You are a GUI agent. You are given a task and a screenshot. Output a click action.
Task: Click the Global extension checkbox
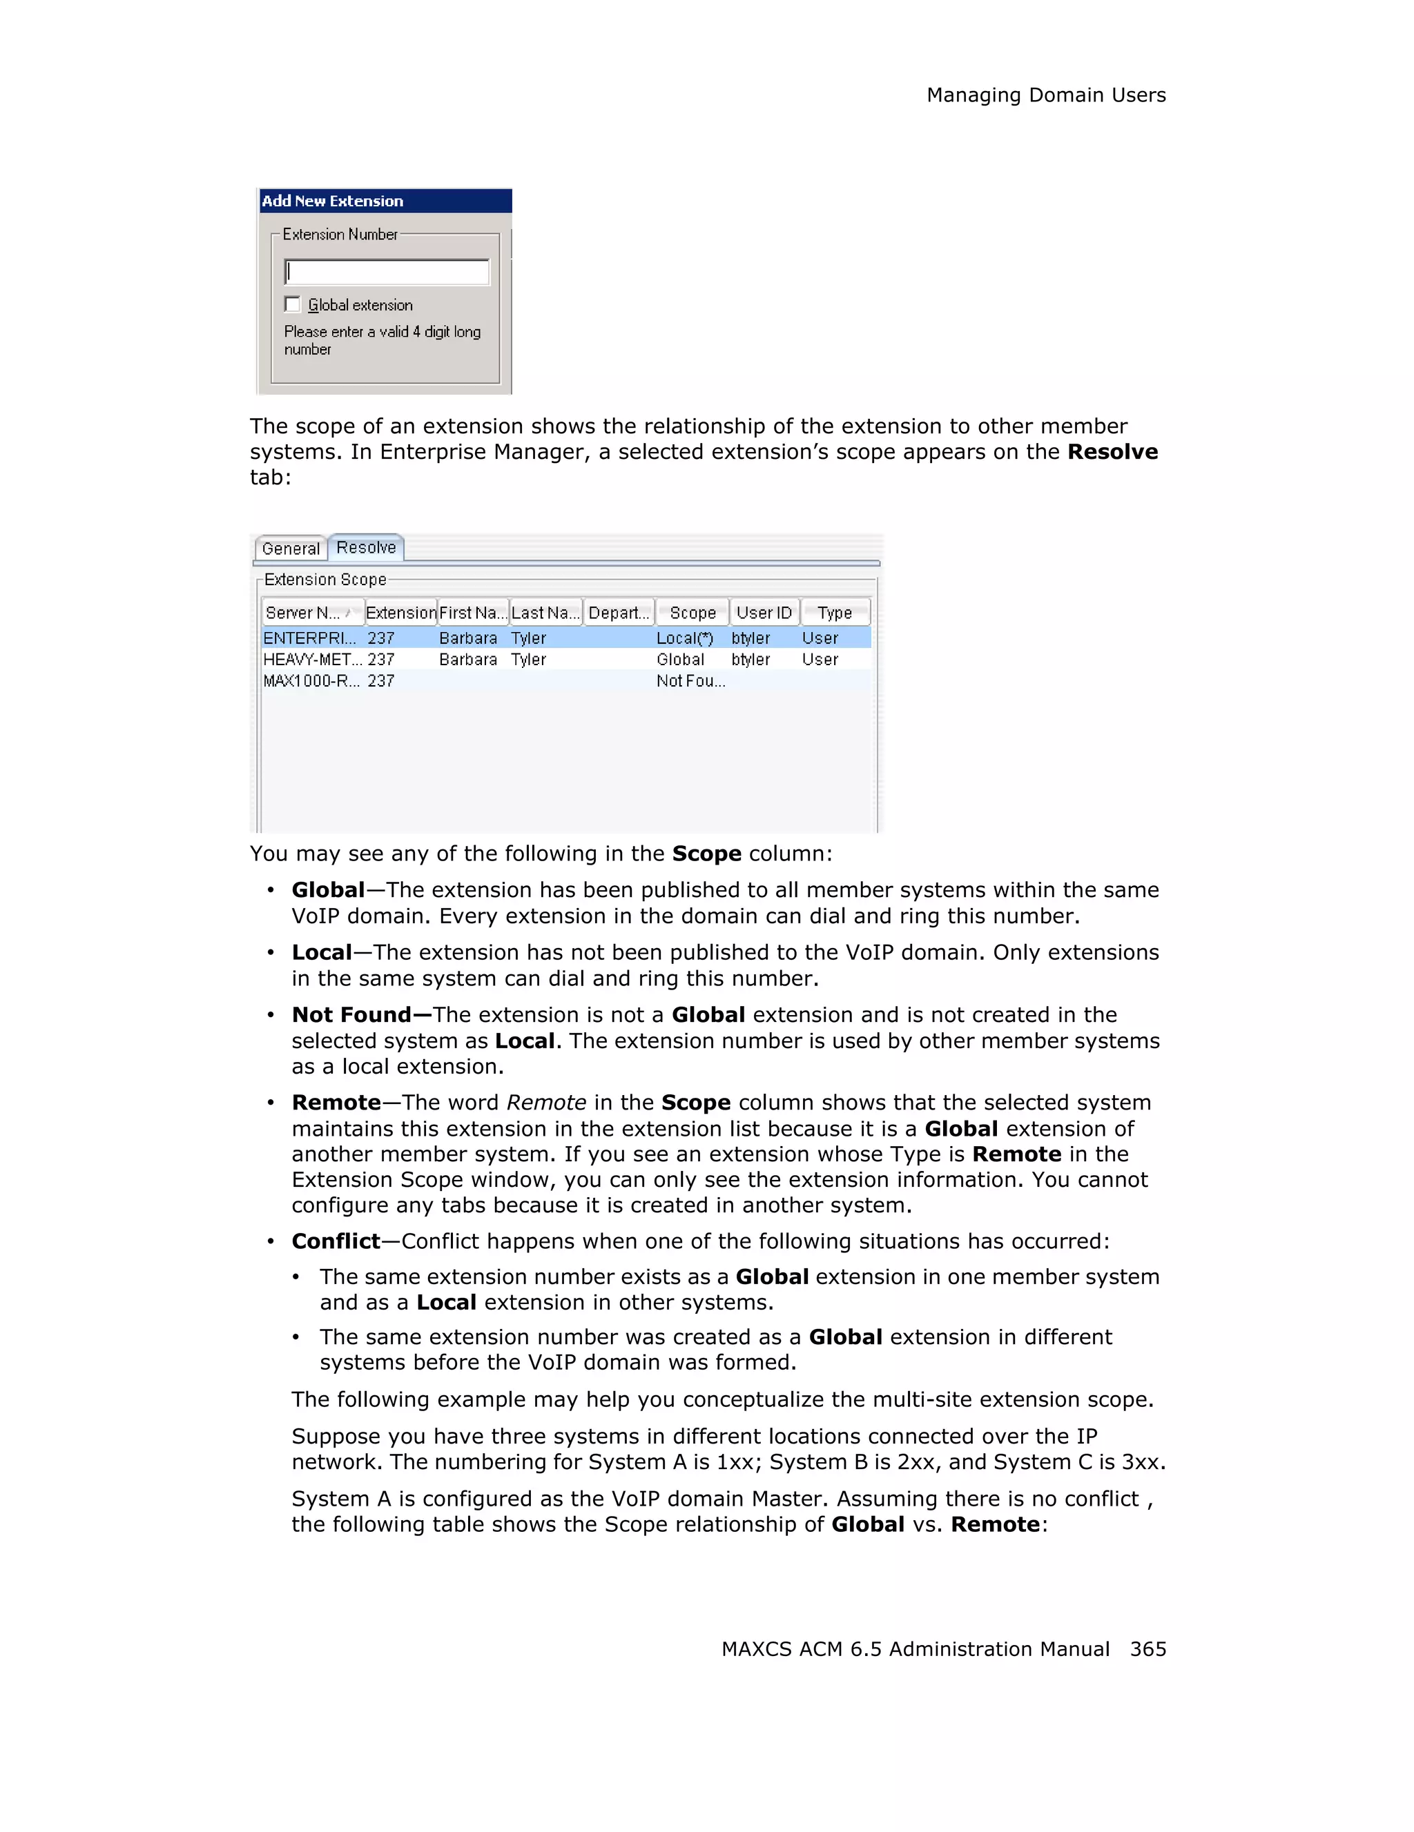point(293,304)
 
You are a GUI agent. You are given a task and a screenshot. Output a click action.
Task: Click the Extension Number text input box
point(387,272)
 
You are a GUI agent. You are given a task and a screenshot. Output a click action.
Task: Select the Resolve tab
point(366,548)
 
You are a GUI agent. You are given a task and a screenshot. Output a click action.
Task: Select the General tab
point(291,549)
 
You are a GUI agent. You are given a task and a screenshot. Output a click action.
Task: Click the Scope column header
point(693,613)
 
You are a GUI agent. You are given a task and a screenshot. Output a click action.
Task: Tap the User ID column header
point(764,613)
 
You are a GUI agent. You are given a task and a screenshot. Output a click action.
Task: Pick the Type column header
point(835,613)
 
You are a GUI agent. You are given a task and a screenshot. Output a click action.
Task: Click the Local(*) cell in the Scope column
point(685,638)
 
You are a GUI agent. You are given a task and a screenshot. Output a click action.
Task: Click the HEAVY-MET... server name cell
point(312,660)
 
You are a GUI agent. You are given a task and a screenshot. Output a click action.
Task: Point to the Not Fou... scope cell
point(690,681)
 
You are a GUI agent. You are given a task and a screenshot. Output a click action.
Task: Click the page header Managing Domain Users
point(1045,96)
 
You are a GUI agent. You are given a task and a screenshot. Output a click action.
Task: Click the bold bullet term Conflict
point(336,1241)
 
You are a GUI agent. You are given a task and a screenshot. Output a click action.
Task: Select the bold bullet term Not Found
point(351,1015)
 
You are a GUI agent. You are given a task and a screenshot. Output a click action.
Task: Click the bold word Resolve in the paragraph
point(1112,452)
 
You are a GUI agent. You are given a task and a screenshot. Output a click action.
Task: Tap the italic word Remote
point(546,1103)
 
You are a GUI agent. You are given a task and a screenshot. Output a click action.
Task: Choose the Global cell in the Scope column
point(681,660)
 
